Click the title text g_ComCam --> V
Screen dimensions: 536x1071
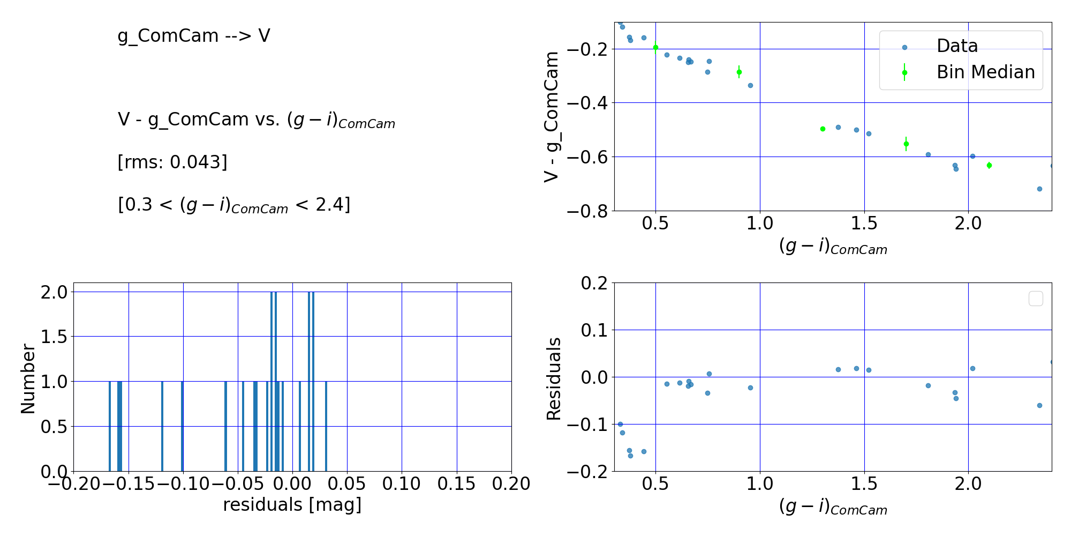click(194, 36)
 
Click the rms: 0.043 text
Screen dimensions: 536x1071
click(172, 162)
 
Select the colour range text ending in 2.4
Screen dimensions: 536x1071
click(234, 205)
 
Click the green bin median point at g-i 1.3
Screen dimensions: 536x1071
click(823, 129)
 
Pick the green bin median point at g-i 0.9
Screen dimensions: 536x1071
click(739, 72)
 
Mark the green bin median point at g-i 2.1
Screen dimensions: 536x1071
click(989, 165)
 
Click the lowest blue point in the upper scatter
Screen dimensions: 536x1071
click(1039, 189)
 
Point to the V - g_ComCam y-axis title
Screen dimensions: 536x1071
click(552, 117)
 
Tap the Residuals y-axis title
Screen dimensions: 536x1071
click(554, 378)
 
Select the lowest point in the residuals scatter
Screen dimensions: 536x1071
click(630, 456)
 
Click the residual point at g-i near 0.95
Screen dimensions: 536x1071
click(750, 388)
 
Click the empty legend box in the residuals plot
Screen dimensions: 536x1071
click(1036, 299)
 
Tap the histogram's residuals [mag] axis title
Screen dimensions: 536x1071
click(292, 505)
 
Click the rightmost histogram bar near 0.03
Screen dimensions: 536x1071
click(326, 426)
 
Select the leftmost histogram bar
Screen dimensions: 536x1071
click(110, 426)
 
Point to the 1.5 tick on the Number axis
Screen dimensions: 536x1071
click(55, 337)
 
